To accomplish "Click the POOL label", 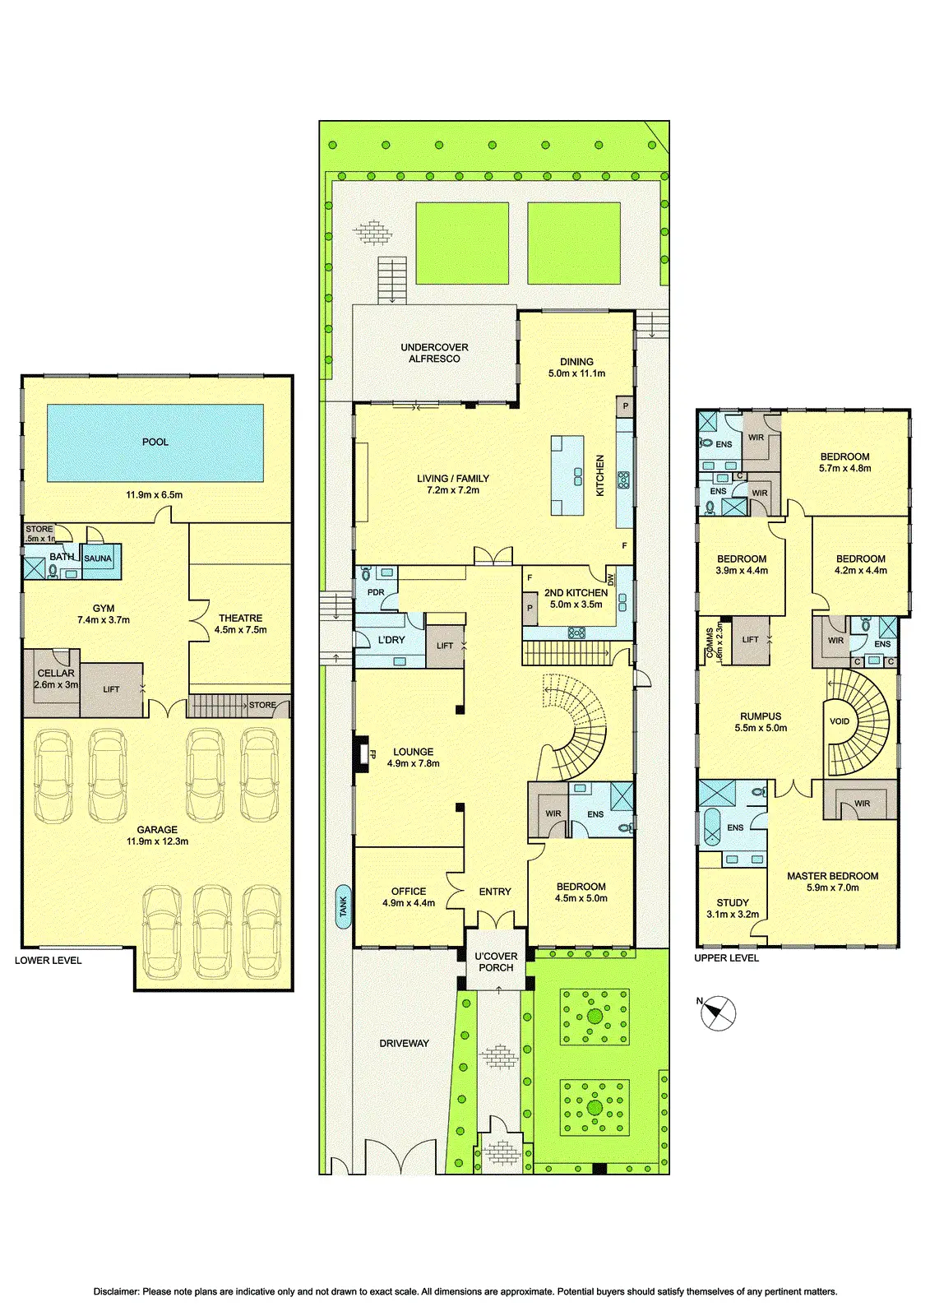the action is pos(155,442).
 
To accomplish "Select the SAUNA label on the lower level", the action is pos(98,558).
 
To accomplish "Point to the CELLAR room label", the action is pos(56,674).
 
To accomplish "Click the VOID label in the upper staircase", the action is pos(839,721).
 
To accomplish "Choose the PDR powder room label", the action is pos(376,592).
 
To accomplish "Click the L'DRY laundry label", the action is pos(391,640).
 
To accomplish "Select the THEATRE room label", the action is pos(240,618).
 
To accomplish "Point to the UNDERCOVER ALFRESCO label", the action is pos(434,353).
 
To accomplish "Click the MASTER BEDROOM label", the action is pos(832,876).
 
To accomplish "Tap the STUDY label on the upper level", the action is pos(733,902).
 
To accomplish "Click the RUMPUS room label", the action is pos(761,716).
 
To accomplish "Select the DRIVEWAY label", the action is pos(405,1044).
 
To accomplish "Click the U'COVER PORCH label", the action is pos(496,962).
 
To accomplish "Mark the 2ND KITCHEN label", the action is pos(576,593).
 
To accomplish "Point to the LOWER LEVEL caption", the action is pos(49,961).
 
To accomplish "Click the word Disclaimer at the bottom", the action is pos(117,1291).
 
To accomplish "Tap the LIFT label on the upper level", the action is pos(750,640).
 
